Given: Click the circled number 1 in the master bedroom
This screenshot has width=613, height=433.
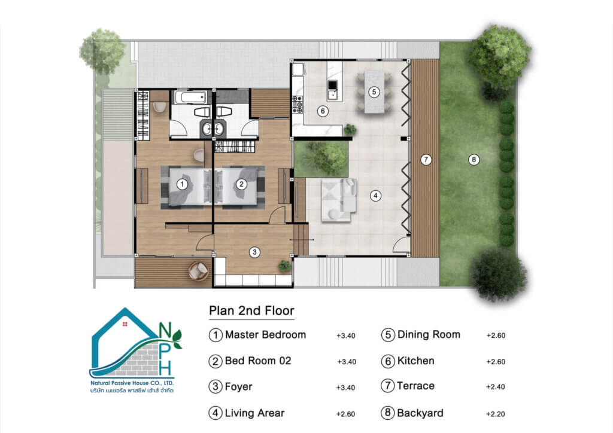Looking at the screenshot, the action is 182,184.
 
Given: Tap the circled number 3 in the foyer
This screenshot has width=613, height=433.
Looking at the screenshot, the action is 254,252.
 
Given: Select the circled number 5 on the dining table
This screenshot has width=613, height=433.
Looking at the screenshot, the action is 374,92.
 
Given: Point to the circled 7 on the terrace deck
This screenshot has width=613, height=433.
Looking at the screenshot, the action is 426,159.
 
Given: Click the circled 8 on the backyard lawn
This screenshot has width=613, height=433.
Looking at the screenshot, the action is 474,159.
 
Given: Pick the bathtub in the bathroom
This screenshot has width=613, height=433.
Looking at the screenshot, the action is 190,97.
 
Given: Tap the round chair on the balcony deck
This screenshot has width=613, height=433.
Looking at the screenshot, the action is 199,270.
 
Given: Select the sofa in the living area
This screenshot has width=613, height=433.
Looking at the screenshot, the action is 339,200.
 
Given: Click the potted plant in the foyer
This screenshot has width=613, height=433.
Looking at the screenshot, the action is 284,266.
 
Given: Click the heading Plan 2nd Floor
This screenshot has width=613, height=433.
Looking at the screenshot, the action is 251,311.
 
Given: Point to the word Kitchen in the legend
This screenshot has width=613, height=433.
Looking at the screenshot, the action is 415,361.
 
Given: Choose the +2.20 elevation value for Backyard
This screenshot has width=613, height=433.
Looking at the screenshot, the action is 495,414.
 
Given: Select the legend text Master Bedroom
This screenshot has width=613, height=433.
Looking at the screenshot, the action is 265,335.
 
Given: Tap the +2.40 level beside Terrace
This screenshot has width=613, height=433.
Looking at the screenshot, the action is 495,387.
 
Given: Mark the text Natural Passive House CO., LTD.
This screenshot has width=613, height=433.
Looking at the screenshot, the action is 132,383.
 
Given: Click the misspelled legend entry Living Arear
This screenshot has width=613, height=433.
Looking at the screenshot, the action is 254,413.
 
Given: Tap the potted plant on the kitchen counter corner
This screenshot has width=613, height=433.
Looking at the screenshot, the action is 350,129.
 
